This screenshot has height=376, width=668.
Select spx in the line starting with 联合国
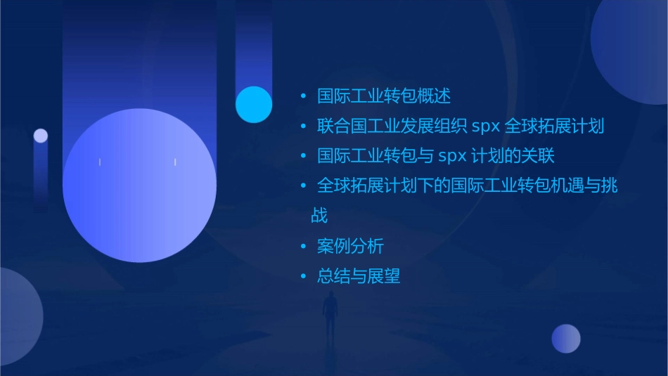pyautogui.click(x=485, y=127)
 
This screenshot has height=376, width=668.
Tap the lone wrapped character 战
pyautogui.click(x=319, y=215)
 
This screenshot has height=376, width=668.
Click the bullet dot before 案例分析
pyautogui.click(x=303, y=247)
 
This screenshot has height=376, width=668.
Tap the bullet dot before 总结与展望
pyautogui.click(x=303, y=277)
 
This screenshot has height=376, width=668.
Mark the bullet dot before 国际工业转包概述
pyautogui.click(x=303, y=96)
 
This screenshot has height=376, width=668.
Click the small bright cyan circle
pyautogui.click(x=254, y=105)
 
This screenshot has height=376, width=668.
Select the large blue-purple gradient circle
pyautogui.click(x=139, y=186)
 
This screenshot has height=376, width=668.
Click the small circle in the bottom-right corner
pyautogui.click(x=566, y=338)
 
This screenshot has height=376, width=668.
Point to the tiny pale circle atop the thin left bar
pyautogui.click(x=41, y=136)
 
